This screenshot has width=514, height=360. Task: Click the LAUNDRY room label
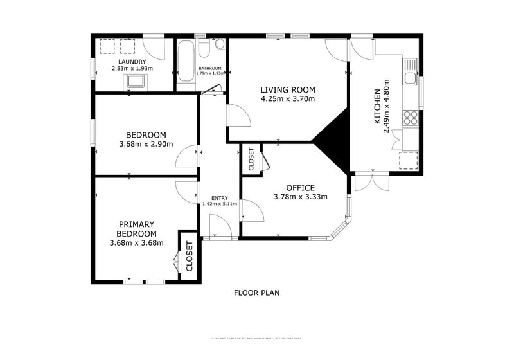(123, 62)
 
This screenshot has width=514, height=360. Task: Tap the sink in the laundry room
(136, 81)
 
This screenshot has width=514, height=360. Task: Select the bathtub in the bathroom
(186, 61)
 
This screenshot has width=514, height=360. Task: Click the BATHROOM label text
(209, 69)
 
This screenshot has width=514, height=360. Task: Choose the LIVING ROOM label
(287, 89)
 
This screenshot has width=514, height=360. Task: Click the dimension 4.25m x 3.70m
(287, 99)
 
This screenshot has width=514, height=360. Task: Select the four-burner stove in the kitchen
(409, 118)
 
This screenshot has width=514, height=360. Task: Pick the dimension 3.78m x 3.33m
(300, 197)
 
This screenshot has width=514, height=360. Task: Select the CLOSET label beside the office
(251, 159)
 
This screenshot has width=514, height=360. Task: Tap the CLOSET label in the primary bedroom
(189, 255)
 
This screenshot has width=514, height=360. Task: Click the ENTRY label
(219, 197)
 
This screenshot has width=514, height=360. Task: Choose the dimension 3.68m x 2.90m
(146, 144)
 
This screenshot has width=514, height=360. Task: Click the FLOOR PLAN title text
(256, 292)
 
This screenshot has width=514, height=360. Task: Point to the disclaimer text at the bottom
(256, 338)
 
